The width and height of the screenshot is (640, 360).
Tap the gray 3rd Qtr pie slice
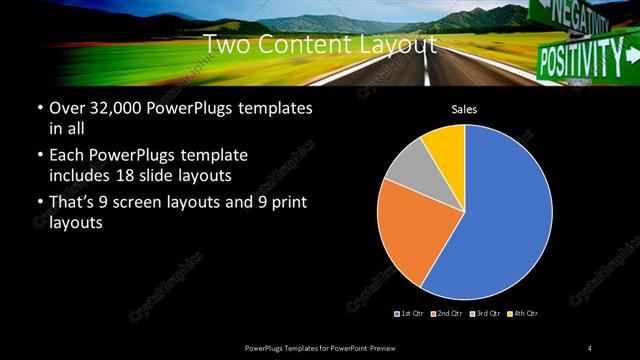pos(405,170)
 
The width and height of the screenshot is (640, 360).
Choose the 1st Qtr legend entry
pos(410,314)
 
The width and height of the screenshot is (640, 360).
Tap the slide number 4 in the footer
pos(590,346)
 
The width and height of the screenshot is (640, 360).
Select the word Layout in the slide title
pos(401,44)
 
